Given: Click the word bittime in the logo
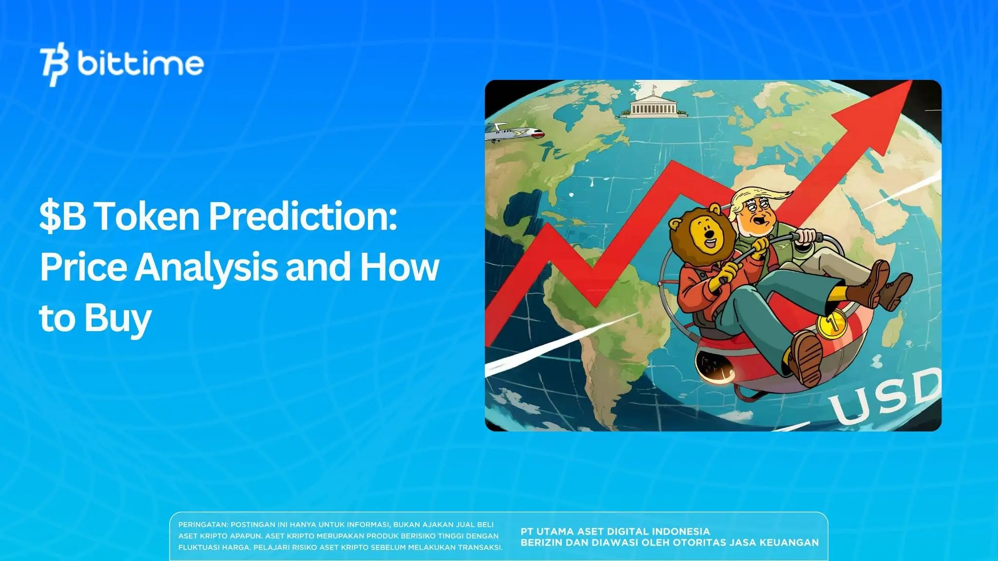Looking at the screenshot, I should (140, 63).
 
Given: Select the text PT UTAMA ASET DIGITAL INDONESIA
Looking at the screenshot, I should (615, 531).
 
